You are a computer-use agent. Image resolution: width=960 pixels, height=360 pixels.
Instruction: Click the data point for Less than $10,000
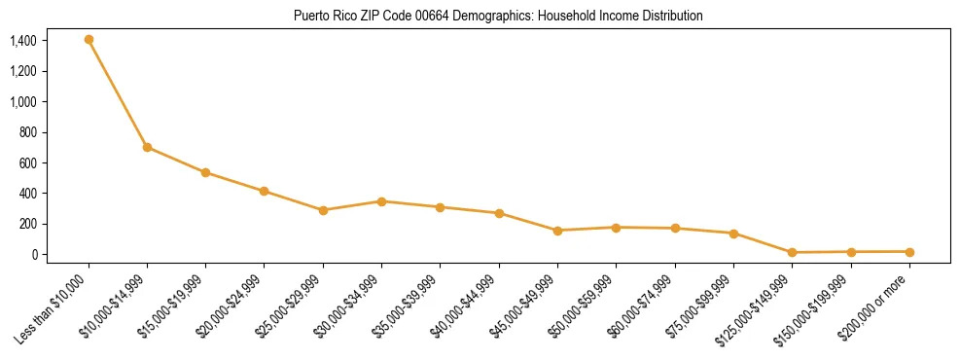(x=89, y=40)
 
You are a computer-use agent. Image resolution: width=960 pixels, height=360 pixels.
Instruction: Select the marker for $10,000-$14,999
(x=147, y=147)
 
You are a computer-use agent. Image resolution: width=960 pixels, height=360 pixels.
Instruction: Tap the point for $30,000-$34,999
(x=381, y=201)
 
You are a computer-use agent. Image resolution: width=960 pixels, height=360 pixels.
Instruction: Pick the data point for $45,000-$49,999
(x=557, y=231)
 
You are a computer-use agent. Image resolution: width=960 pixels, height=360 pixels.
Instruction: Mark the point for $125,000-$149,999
(x=792, y=253)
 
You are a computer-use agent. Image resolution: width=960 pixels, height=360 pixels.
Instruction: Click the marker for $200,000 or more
(x=909, y=252)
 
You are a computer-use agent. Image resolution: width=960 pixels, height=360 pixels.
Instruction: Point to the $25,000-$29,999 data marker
(x=323, y=210)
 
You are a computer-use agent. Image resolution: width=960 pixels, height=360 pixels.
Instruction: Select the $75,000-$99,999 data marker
(x=733, y=234)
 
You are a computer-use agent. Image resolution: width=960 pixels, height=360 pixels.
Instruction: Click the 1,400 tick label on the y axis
(x=22, y=41)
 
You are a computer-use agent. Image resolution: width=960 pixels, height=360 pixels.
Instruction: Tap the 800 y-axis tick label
(x=27, y=132)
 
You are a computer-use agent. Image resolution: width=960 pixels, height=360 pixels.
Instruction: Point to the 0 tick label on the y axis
(x=33, y=255)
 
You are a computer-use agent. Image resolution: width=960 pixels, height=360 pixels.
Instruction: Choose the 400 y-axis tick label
(x=27, y=194)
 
